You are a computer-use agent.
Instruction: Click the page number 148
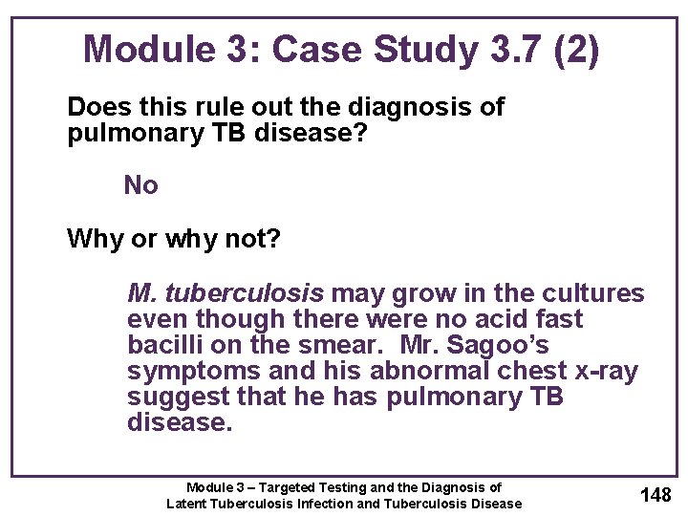pyautogui.click(x=656, y=494)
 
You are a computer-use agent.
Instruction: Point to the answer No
pyautogui.click(x=141, y=185)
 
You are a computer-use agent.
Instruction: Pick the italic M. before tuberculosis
pyautogui.click(x=141, y=293)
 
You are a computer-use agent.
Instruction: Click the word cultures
pyautogui.click(x=593, y=293)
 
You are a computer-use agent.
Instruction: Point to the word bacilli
pyautogui.click(x=161, y=344)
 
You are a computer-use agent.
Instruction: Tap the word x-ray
pyautogui.click(x=599, y=371)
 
